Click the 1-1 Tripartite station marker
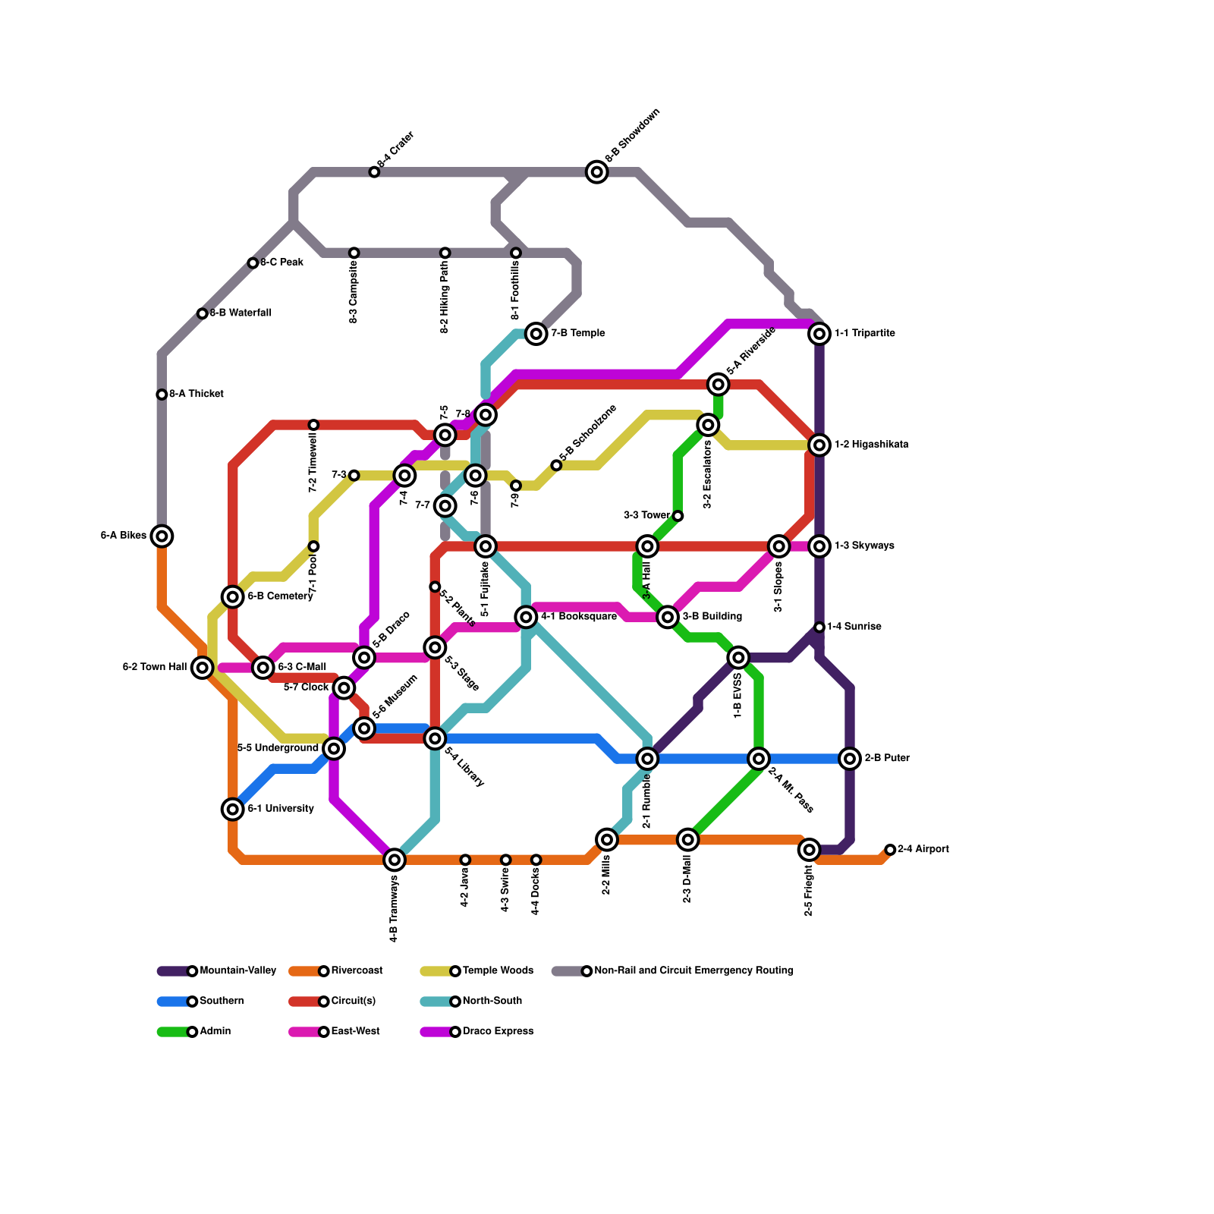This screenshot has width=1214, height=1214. [819, 333]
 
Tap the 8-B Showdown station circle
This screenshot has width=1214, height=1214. [597, 172]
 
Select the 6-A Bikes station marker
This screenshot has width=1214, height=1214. [162, 536]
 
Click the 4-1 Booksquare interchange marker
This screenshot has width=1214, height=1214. [526, 617]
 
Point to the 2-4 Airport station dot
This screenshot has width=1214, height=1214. [890, 850]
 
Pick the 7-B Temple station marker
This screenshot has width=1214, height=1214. [536, 333]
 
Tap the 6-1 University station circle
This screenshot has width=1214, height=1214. [233, 809]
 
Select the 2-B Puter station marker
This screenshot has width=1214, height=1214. [850, 758]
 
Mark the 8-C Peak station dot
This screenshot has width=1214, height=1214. [253, 263]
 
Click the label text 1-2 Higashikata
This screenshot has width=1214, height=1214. [871, 445]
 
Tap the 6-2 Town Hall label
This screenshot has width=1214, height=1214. [155, 668]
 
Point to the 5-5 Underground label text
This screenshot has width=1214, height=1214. [278, 748]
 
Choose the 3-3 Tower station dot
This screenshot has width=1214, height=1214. [678, 516]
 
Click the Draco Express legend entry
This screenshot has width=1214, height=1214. [498, 1031]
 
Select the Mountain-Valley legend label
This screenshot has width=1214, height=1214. [237, 970]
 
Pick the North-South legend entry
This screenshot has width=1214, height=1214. [492, 1001]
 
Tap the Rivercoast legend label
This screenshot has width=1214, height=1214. [357, 970]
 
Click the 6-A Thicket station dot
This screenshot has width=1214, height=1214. [162, 395]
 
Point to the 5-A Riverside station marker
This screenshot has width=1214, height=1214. [718, 385]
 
